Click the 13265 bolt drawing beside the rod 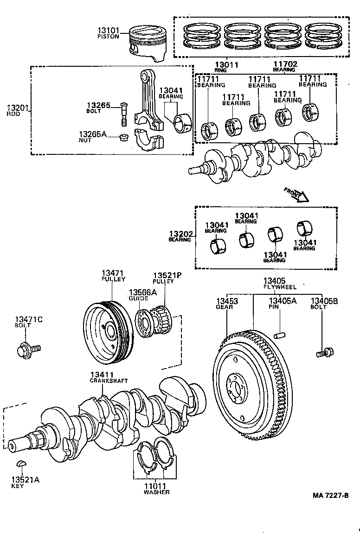[x=123, y=113]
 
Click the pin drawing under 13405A [x=280, y=334]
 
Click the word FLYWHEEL [x=280, y=287]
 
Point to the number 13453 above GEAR [x=227, y=302]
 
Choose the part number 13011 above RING [x=226, y=64]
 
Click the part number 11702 [x=285, y=64]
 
